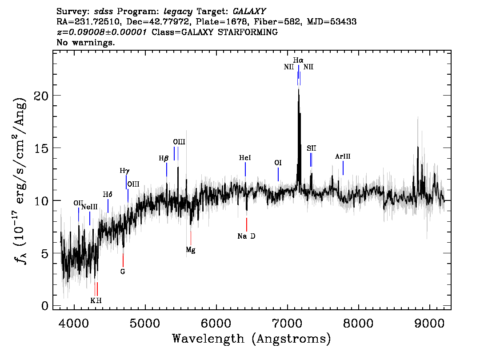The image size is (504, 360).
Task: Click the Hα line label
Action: pos(298,60)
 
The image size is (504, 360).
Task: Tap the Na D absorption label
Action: pos(246,236)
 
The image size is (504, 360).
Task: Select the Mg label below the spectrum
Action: pos(190,250)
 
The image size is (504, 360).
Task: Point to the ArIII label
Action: pos(343,156)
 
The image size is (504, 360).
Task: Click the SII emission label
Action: pos(311,148)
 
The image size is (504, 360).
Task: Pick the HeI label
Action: pos(245,158)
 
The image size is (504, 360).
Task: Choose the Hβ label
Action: pos(163,158)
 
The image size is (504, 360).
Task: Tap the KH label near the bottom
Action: pos(96,300)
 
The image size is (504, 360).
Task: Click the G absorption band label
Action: pos(123,271)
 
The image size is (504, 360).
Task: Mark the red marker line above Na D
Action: pos(247,224)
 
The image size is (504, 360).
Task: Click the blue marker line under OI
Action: pos(278,174)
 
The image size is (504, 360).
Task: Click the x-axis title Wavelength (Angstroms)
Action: pos(252,339)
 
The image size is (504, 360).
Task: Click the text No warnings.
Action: pos(86,43)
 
